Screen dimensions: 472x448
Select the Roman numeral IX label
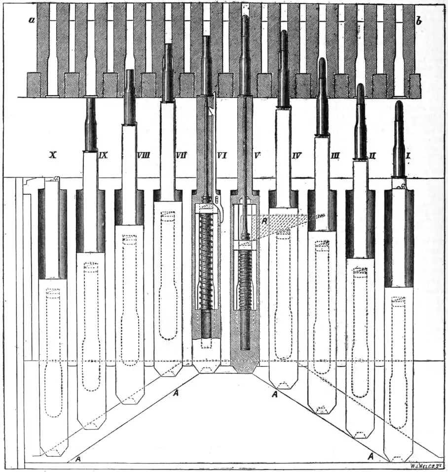(x=103, y=155)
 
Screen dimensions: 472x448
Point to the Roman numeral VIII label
(x=143, y=155)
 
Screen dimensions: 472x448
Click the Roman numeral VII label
(x=181, y=155)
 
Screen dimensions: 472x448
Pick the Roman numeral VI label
(x=222, y=155)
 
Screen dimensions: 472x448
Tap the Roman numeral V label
(x=257, y=155)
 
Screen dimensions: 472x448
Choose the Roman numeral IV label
(x=297, y=155)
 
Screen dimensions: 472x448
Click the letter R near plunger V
(x=265, y=221)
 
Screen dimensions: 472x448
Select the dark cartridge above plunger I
(x=399, y=141)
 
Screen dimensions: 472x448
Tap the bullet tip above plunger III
(x=322, y=63)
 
